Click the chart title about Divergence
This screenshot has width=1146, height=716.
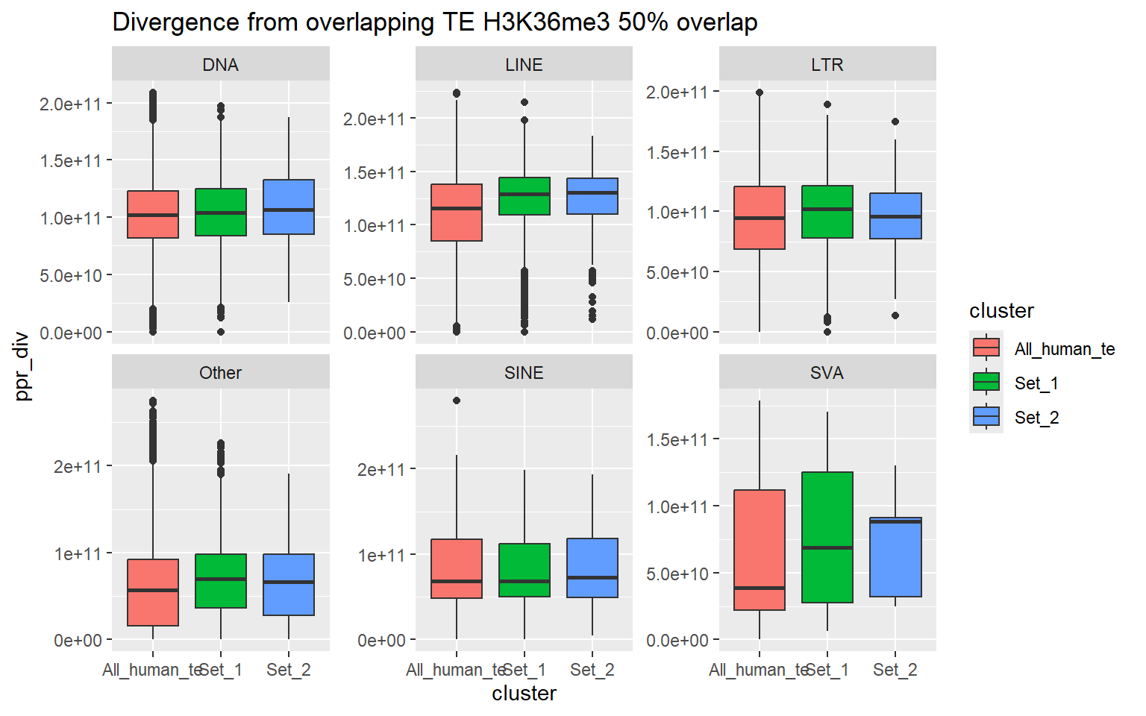click(434, 22)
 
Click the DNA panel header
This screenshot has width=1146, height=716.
click(221, 65)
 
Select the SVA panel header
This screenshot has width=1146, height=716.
click(827, 373)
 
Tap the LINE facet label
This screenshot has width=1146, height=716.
click(524, 65)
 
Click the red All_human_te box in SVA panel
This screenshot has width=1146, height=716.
click(760, 550)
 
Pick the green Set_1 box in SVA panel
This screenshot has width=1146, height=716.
click(827, 537)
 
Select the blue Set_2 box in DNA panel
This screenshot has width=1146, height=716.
click(289, 207)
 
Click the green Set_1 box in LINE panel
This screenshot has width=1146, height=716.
click(525, 196)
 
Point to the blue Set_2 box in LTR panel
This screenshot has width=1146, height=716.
click(895, 216)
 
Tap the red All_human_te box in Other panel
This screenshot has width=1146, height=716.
click(153, 592)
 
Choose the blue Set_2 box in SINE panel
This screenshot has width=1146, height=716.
click(592, 568)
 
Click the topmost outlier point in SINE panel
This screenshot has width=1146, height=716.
click(457, 401)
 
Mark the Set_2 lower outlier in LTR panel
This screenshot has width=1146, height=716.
click(895, 315)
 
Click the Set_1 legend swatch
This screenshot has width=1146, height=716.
click(986, 383)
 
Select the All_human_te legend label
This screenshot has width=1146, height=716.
click(1064, 349)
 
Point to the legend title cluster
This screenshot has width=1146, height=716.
click(1001, 311)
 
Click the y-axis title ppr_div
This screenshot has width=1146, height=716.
click(22, 365)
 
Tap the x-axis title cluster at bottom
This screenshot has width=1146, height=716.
click(524, 694)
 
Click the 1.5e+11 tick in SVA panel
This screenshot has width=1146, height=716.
click(677, 439)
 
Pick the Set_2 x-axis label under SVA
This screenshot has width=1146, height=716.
click(895, 670)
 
